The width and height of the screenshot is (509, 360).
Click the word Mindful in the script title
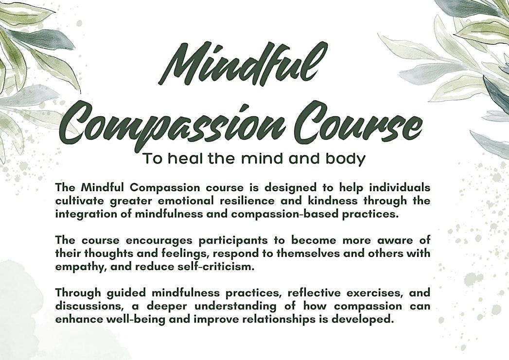pyautogui.click(x=239, y=64)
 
